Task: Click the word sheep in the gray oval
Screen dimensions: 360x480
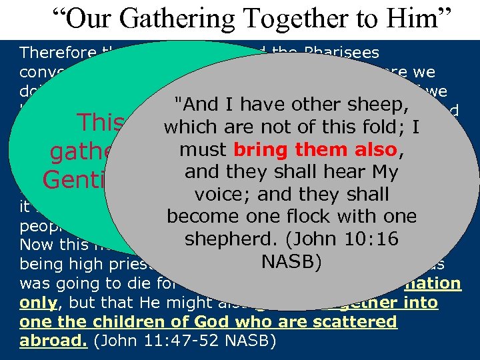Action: pos(386,104)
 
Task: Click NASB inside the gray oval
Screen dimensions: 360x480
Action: pos(291,261)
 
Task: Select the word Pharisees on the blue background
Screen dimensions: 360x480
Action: pos(341,52)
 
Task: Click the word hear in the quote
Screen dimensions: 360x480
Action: pos(339,172)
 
